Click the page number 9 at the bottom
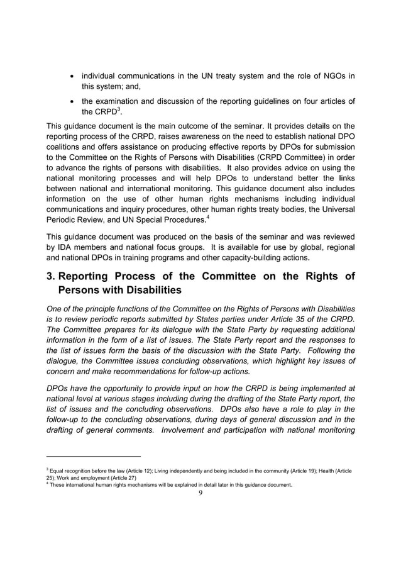pyautogui.click(x=200, y=493)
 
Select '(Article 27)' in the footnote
pyautogui.click(x=119, y=478)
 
